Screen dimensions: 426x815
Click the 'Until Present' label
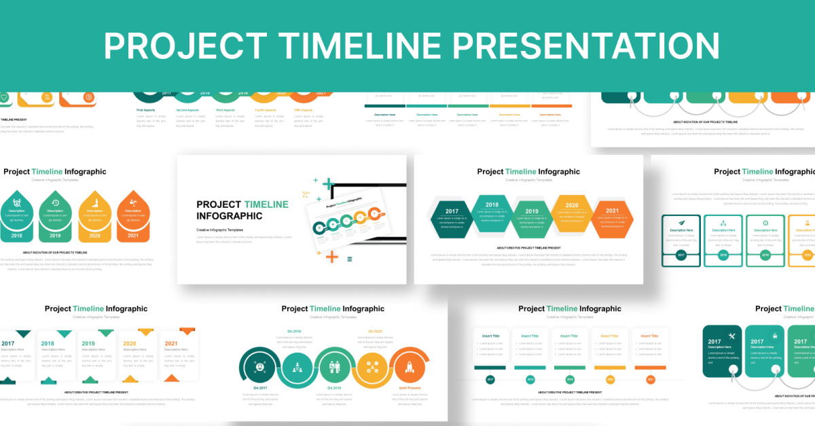(x=409, y=387)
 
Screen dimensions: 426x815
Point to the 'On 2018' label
(x=294, y=332)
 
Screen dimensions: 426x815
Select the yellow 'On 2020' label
(x=375, y=332)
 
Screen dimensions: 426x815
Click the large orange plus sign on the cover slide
(x=331, y=256)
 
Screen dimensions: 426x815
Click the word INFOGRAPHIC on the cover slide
(x=229, y=216)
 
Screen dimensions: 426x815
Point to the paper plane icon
(x=681, y=223)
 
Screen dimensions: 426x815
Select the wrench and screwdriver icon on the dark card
(x=731, y=336)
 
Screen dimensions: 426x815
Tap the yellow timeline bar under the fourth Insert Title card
(x=609, y=368)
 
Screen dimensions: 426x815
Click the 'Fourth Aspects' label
(x=266, y=109)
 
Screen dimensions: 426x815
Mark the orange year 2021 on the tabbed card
(x=171, y=344)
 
